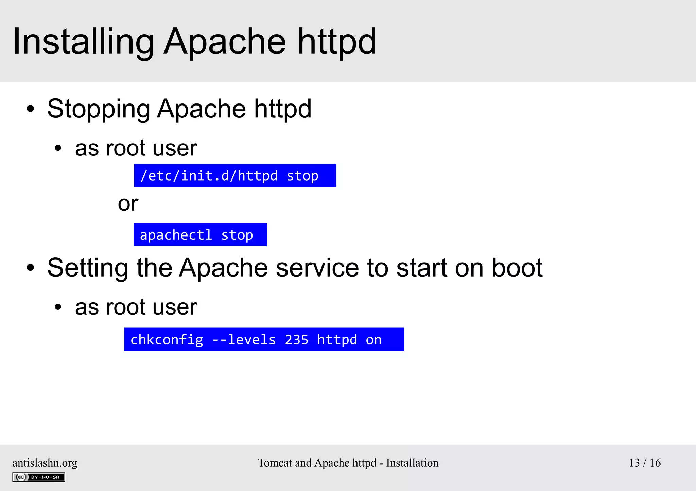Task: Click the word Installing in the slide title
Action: click(83, 42)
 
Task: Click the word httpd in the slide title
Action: click(337, 42)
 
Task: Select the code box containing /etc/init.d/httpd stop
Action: click(235, 175)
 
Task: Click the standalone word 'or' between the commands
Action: click(128, 204)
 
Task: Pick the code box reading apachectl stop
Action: click(200, 235)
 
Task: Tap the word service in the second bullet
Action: click(317, 268)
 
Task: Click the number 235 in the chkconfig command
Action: click(296, 340)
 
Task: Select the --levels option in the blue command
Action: click(244, 340)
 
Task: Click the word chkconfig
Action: click(167, 340)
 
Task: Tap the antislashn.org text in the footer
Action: click(45, 463)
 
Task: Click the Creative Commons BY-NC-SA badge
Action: click(39, 477)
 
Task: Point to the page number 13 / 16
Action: click(645, 463)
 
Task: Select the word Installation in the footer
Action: click(412, 463)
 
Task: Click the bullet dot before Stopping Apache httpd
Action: click(31, 109)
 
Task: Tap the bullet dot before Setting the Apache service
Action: click(31, 268)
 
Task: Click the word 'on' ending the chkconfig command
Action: click(373, 340)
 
